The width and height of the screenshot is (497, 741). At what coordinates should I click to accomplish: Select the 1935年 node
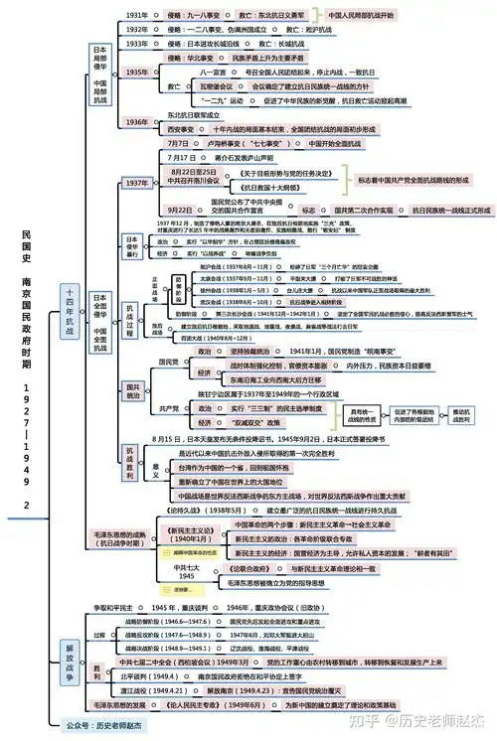coord(136,72)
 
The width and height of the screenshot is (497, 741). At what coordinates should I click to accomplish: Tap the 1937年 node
coord(136,184)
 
